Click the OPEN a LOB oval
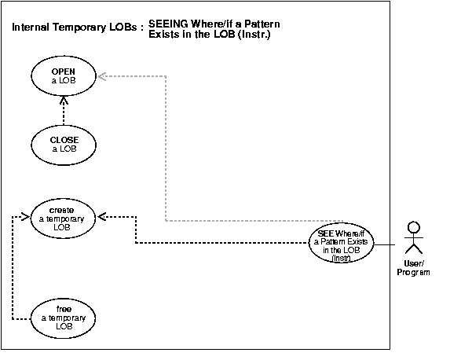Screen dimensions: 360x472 pos(64,76)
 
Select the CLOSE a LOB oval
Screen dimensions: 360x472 pos(64,145)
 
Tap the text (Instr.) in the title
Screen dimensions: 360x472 pos(262,35)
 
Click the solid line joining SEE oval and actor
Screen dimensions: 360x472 pos(384,245)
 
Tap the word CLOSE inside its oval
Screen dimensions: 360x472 pos(64,140)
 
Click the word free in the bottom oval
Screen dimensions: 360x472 pos(64,309)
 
